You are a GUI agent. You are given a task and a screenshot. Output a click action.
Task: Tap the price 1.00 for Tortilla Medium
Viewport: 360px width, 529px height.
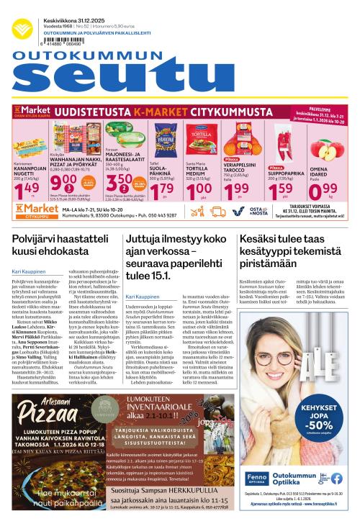(x=197, y=189)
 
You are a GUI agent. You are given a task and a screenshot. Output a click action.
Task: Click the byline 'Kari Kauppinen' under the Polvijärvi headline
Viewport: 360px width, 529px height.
(x=28, y=271)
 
